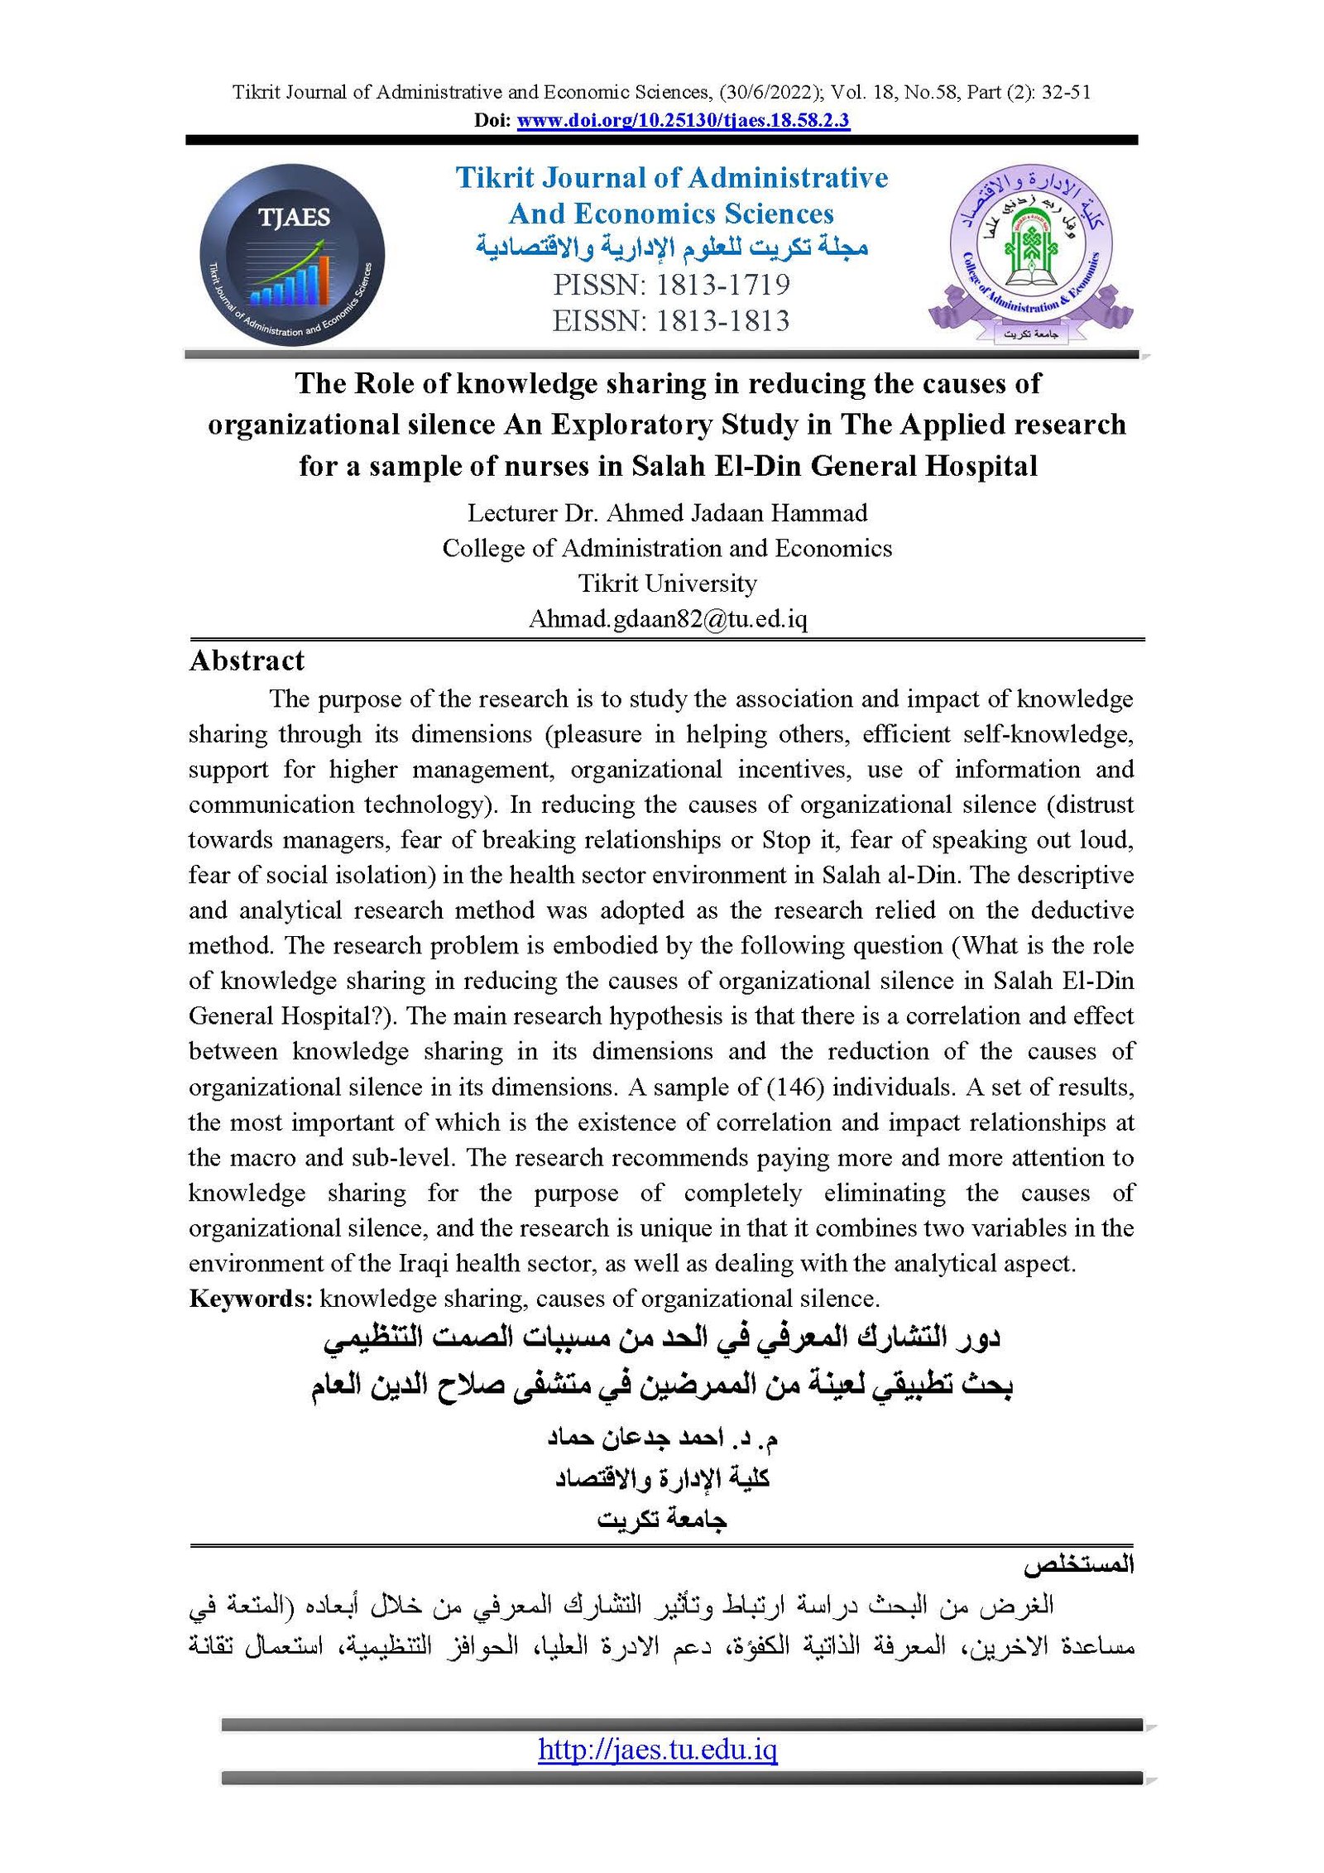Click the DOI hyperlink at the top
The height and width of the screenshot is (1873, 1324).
(x=683, y=121)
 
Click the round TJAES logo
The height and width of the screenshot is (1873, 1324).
(x=292, y=254)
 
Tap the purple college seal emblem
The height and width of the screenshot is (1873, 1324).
(x=1031, y=252)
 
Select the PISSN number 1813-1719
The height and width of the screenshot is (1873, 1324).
(x=723, y=285)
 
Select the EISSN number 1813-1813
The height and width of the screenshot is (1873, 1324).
(x=723, y=321)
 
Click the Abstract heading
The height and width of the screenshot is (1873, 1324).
(x=247, y=660)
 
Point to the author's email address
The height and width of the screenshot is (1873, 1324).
(x=668, y=618)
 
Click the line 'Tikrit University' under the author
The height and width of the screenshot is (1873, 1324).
(x=667, y=584)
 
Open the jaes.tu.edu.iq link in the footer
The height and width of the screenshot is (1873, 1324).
(x=657, y=1749)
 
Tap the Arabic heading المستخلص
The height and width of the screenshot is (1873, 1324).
(x=1077, y=1565)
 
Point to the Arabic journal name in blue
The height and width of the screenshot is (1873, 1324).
(x=671, y=247)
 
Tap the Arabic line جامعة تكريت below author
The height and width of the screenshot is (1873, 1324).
(x=662, y=1520)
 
